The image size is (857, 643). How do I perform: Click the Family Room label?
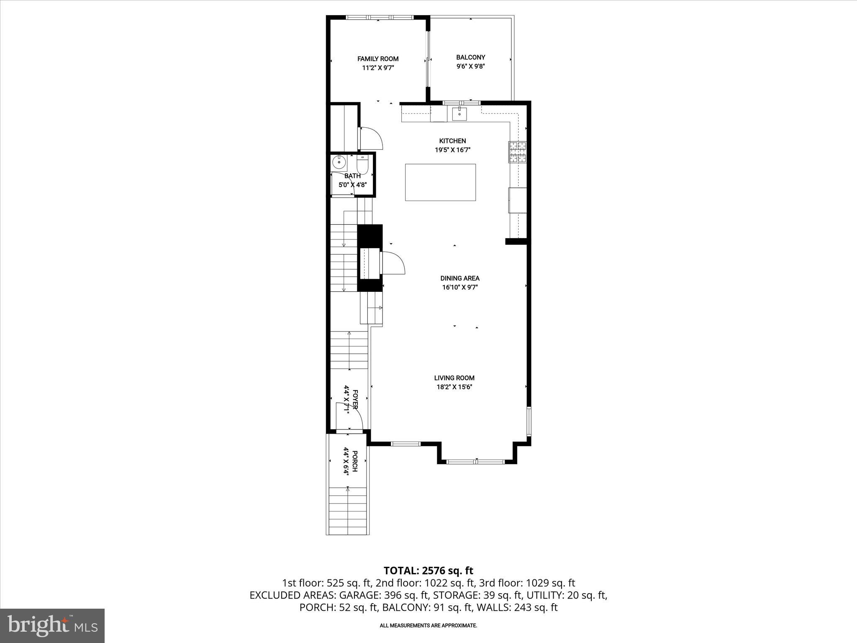click(x=377, y=59)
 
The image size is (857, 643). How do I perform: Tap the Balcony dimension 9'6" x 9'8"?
click(x=470, y=66)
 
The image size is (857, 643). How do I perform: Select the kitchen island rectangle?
click(x=440, y=182)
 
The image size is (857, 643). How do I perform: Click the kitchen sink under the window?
click(x=459, y=113)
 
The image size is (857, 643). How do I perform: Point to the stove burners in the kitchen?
click(x=518, y=152)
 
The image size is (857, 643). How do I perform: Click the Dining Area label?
click(x=459, y=278)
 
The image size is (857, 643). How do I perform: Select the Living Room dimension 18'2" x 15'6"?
click(x=454, y=387)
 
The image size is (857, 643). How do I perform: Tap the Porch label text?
click(x=354, y=461)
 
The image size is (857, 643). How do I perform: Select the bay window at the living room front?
click(x=476, y=462)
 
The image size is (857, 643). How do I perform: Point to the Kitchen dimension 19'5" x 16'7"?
click(x=452, y=150)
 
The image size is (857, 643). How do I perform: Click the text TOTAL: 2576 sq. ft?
click(x=428, y=571)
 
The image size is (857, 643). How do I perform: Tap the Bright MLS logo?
click(x=52, y=625)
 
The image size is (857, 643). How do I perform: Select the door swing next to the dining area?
click(x=393, y=263)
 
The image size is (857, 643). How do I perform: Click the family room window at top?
click(x=379, y=17)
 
